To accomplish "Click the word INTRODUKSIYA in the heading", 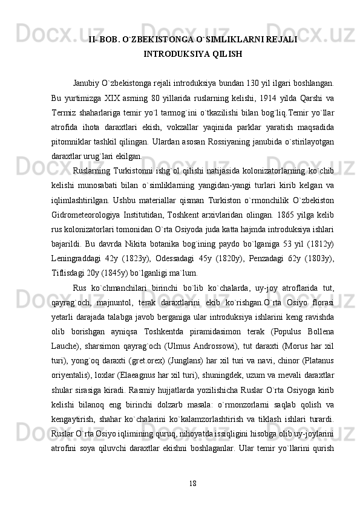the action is click(x=169, y=54).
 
